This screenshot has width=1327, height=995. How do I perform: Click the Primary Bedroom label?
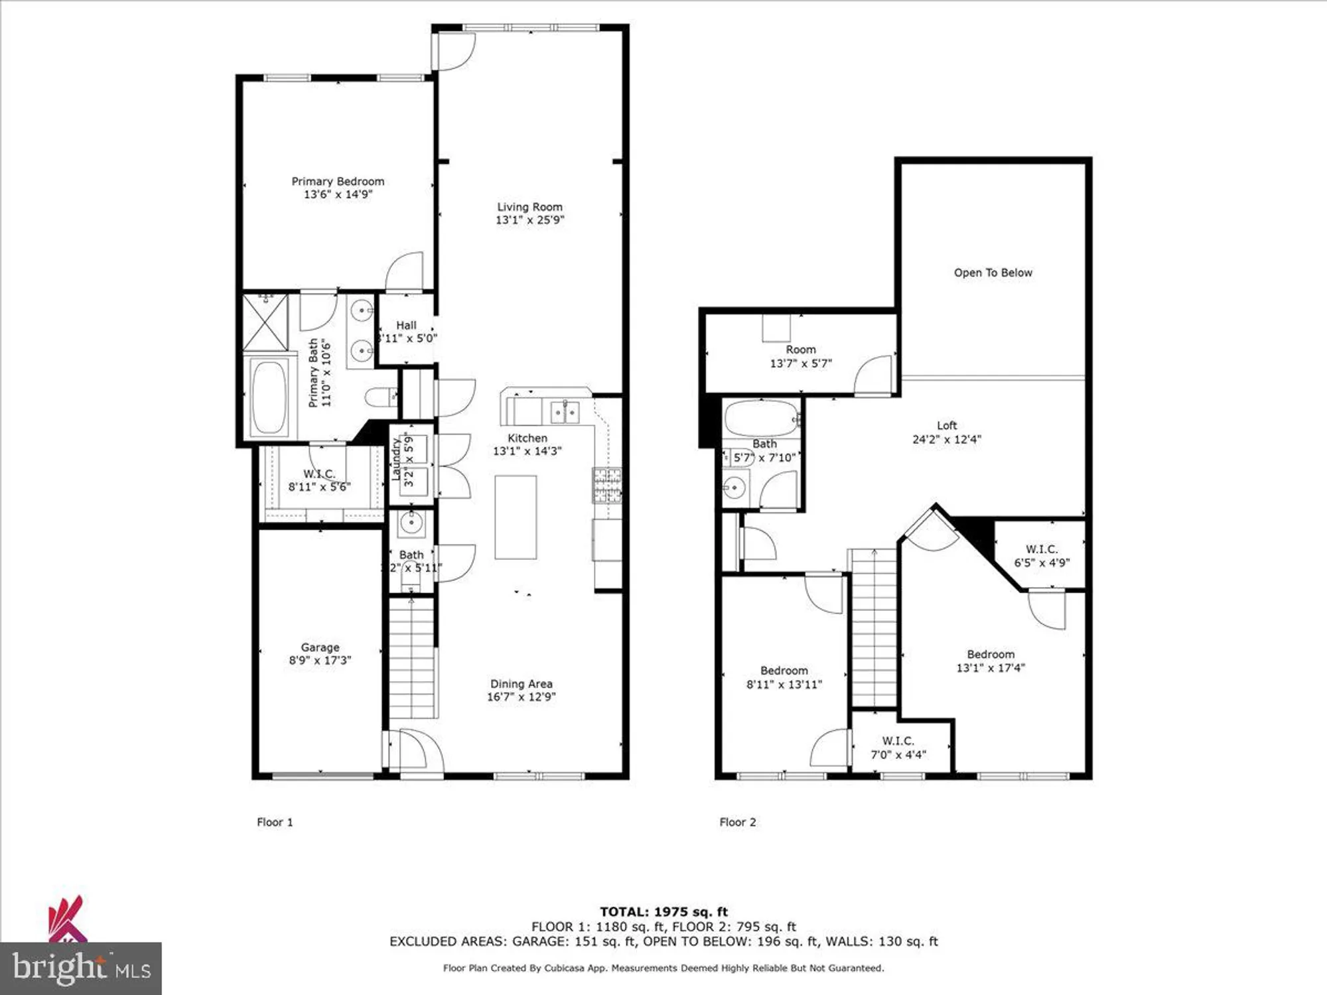tap(338, 181)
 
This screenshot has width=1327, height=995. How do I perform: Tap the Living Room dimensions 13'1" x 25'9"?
tap(529, 220)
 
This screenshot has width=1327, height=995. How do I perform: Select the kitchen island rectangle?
tap(516, 517)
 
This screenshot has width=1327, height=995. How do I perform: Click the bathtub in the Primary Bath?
tap(269, 397)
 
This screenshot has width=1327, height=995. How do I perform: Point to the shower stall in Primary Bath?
tap(265, 322)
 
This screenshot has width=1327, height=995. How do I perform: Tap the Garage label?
tap(320, 647)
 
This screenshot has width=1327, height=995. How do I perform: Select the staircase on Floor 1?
tap(411, 657)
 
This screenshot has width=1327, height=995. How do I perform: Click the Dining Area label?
tap(521, 683)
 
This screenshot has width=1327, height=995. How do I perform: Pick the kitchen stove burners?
tap(606, 485)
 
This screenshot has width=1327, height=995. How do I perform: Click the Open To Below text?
tap(993, 273)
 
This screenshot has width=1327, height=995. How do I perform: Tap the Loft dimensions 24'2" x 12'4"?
tap(946, 439)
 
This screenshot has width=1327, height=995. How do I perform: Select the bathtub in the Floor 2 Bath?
tap(761, 418)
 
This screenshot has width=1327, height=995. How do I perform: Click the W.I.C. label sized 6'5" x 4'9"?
tap(1041, 549)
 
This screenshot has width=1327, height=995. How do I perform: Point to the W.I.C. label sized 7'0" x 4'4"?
tap(898, 741)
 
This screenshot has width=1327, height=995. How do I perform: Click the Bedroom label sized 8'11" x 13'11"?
tap(784, 671)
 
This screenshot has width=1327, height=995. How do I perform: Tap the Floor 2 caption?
tap(737, 822)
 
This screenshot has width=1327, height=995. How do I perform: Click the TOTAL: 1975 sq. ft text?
tap(663, 911)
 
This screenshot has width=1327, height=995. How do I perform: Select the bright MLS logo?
tap(81, 968)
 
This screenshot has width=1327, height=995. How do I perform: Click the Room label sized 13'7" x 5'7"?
tap(800, 350)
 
